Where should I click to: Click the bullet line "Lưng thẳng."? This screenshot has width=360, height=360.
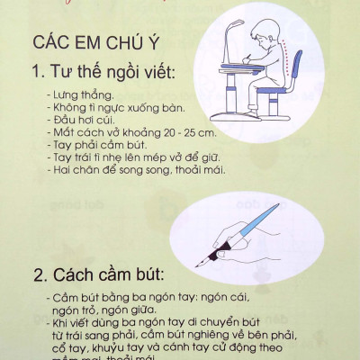[x=75, y=94]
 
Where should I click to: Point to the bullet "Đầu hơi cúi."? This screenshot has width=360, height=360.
[x=78, y=120]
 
